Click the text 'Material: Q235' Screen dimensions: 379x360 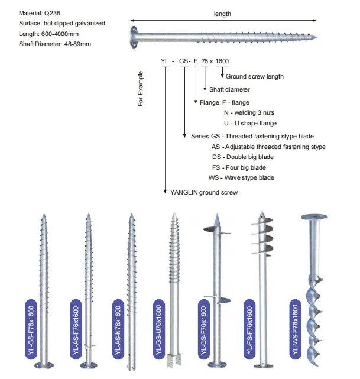click(x=31, y=12)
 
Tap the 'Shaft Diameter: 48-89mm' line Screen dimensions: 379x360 click(x=47, y=44)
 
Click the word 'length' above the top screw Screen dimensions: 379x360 click(x=222, y=14)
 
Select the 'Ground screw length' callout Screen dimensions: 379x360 click(x=254, y=76)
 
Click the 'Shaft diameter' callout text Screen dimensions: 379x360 click(x=229, y=89)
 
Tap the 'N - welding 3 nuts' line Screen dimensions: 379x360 click(x=248, y=112)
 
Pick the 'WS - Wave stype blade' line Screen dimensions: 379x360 click(x=241, y=177)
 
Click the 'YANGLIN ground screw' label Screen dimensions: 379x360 click(x=203, y=192)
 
